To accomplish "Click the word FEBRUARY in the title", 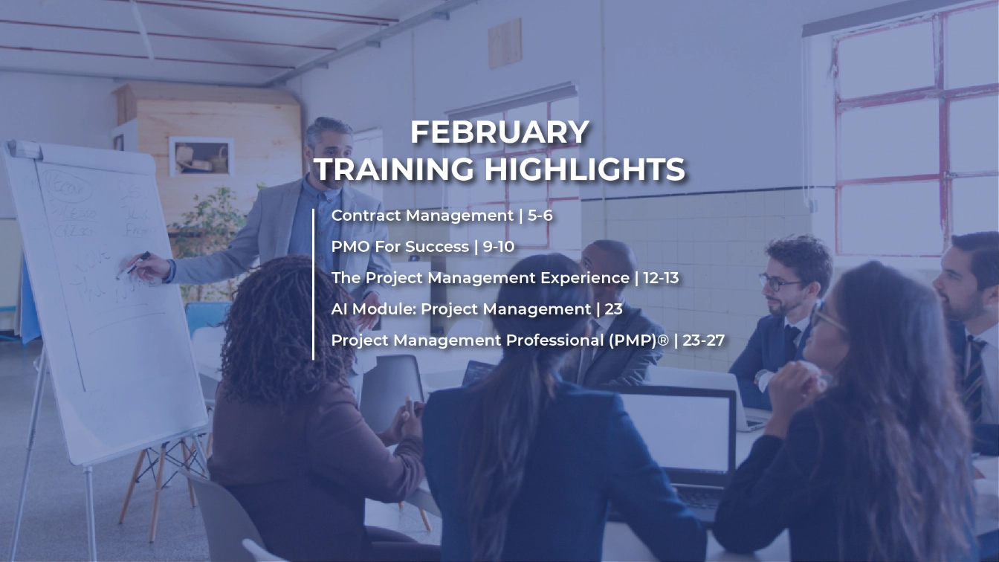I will click(499, 132).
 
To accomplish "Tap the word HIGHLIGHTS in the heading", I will click(583, 169).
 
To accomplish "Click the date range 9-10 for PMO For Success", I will click(499, 247).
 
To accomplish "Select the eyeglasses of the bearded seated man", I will click(780, 282).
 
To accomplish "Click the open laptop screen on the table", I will click(676, 431).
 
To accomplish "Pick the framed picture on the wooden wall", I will click(201, 157).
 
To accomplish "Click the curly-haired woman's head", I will click(275, 312).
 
